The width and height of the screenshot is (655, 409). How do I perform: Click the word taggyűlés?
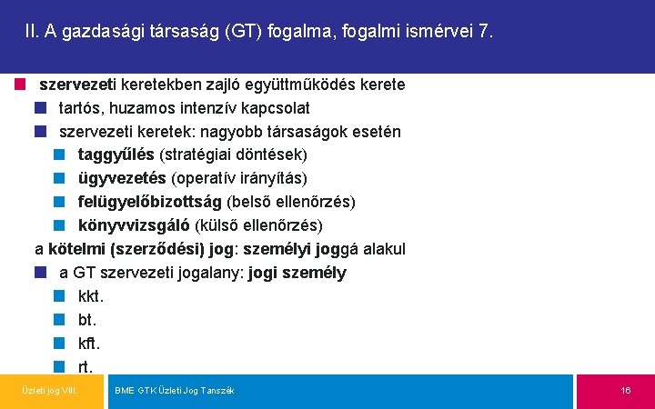coord(116,155)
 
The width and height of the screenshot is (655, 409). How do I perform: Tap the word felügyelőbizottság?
coord(150,202)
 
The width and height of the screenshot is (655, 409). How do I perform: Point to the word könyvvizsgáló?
coord(134,225)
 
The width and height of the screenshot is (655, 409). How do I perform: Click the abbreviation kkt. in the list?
coord(91,296)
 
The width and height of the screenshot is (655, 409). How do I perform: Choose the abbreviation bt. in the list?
coord(87,320)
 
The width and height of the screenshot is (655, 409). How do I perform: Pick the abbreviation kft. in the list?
coord(89,344)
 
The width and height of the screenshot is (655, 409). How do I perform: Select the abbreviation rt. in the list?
coord(86,367)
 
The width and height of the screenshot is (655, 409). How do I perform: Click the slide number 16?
coord(626,391)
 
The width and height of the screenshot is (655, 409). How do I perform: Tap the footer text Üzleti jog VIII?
coord(50,391)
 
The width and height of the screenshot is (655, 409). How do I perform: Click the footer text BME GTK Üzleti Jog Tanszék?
coord(174,391)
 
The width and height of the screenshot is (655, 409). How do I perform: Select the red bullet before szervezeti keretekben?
coord(20,85)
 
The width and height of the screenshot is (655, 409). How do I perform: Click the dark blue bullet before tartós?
coord(40,108)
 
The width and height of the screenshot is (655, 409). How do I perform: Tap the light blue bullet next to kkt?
coord(59,296)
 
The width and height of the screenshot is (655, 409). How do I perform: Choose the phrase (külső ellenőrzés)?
coord(258,225)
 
